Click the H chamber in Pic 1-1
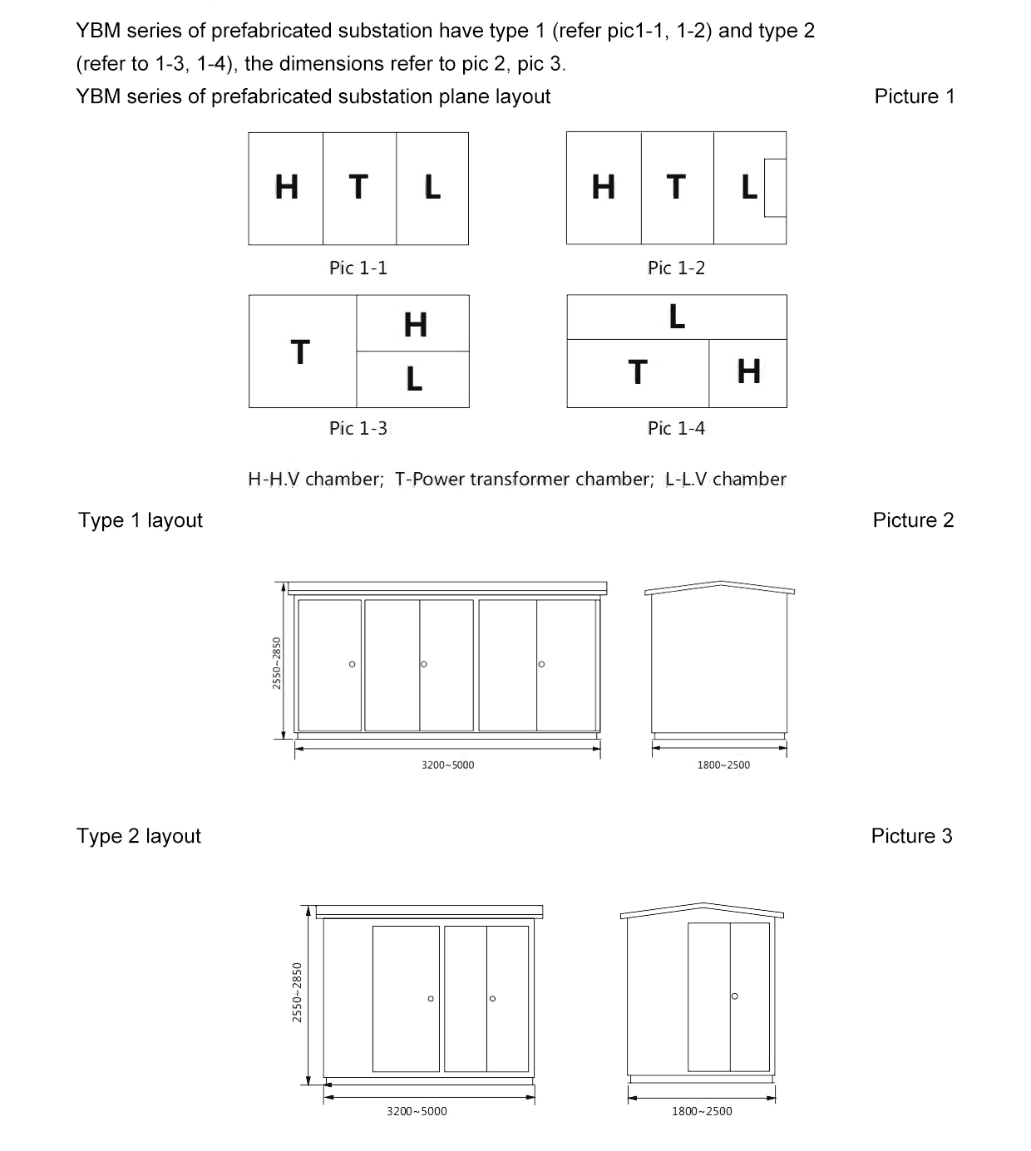coord(286,188)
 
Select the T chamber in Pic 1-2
coord(677,188)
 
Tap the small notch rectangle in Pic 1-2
coord(775,188)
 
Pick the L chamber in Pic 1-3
coord(413,380)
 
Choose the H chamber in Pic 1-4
coord(748,372)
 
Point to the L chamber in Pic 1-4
coord(677,317)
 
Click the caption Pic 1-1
coord(358,268)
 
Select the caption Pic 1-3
coord(358,428)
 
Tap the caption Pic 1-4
coord(676,428)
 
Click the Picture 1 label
coord(914,96)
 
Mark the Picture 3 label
coord(911,836)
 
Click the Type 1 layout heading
coord(141,520)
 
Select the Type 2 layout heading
coord(139,836)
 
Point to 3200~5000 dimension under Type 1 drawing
coord(447,765)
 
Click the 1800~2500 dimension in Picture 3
coord(702,1111)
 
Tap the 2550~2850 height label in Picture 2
coord(277,662)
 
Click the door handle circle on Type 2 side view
coord(734,996)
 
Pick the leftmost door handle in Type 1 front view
coord(353,664)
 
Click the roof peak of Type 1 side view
coord(720,582)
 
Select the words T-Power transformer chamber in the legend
coord(524,480)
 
